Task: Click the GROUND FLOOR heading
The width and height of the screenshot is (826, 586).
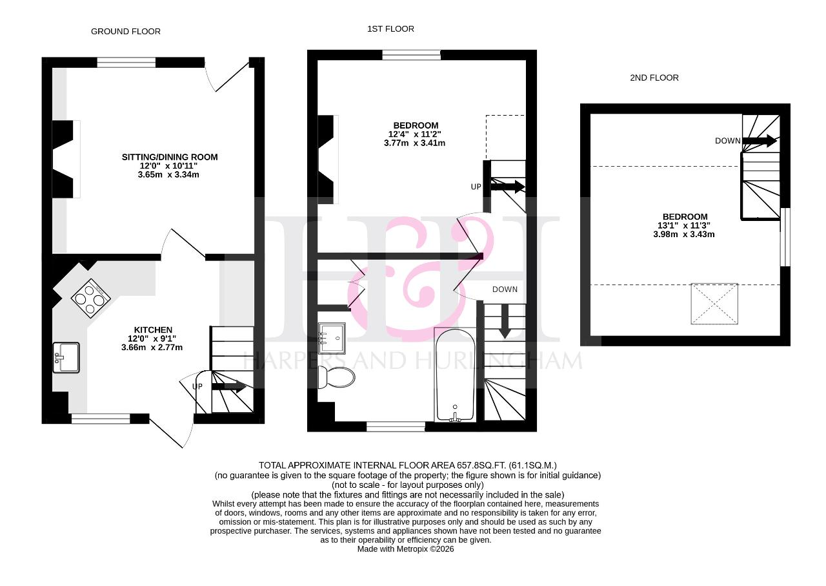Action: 125,32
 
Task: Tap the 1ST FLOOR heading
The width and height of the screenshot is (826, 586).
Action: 390,29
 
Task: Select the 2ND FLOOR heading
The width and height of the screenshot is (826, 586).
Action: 654,78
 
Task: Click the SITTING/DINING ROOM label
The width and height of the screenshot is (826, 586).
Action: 170,157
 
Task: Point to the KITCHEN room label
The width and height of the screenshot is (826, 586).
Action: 153,330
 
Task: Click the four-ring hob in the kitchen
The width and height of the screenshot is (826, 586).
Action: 91,297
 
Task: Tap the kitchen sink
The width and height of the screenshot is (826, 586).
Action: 66,357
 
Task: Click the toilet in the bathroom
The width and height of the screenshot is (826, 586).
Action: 336,377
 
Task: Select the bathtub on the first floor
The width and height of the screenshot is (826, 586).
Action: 455,375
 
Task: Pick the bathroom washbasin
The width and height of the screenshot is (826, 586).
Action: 332,338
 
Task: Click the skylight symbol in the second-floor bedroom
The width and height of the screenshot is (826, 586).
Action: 714,304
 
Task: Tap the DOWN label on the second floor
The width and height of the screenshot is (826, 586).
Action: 727,141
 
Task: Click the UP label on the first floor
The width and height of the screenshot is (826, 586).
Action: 476,187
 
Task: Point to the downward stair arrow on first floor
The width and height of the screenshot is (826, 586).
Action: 505,321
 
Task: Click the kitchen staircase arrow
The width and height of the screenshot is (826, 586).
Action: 229,386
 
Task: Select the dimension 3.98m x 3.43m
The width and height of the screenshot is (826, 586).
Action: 683,234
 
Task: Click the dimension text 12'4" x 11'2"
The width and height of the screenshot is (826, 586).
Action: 414,134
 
